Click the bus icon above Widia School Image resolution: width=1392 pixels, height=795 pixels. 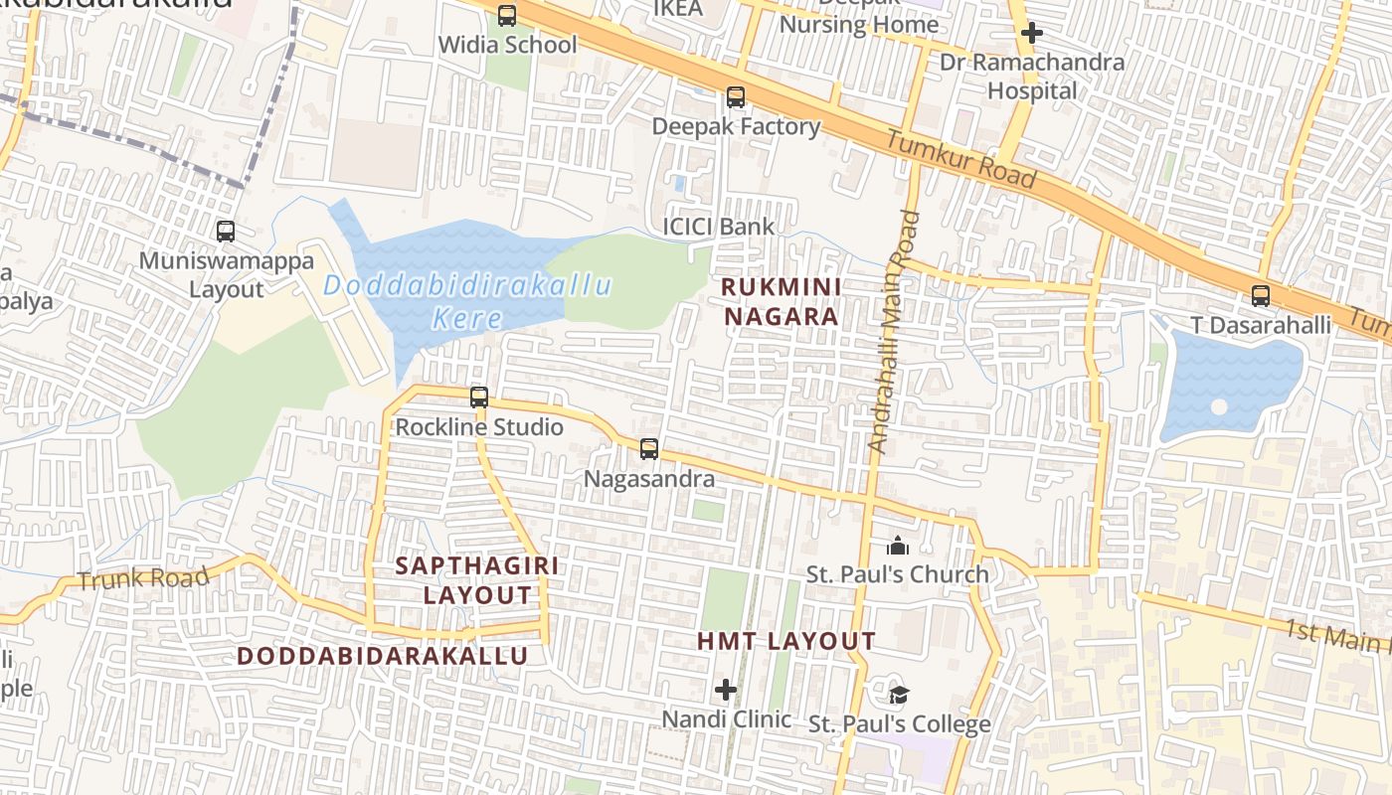[507, 16]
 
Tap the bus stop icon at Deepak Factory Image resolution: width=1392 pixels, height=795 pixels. [736, 97]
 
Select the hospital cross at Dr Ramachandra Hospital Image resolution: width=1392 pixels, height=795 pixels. [1031, 33]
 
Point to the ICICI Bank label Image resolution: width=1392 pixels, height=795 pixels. [718, 228]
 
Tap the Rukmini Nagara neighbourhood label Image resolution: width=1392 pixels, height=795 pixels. [781, 302]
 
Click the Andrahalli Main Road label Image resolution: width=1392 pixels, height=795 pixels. [893, 332]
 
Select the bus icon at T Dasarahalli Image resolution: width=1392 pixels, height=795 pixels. [1261, 296]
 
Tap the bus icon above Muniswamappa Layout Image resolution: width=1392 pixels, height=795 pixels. [226, 232]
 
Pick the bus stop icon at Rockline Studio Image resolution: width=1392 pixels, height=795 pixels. [479, 397]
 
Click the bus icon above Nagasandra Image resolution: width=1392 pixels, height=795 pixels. [649, 449]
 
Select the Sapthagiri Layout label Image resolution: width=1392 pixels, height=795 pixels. [477, 580]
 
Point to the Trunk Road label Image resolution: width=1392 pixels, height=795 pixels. [143, 578]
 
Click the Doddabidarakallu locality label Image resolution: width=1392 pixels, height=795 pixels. [383, 656]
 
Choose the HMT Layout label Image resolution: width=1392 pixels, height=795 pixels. [785, 642]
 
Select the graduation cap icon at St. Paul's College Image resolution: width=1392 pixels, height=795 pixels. [899, 695]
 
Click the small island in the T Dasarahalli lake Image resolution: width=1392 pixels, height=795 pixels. [1219, 407]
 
